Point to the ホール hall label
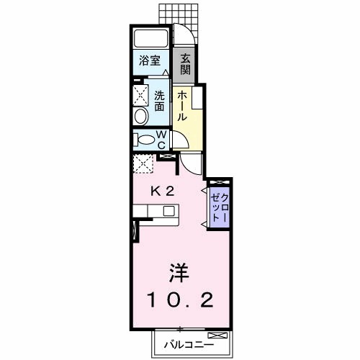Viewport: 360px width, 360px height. pyautogui.click(x=183, y=105)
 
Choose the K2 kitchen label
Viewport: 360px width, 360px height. pyautogui.click(x=162, y=192)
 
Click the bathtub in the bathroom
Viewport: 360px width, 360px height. pyautogui.click(x=150, y=40)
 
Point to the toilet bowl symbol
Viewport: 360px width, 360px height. pyautogui.click(x=145, y=140)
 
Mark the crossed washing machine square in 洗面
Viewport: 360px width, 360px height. pyautogui.click(x=140, y=94)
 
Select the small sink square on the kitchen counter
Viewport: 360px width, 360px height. pyautogui.click(x=168, y=211)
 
